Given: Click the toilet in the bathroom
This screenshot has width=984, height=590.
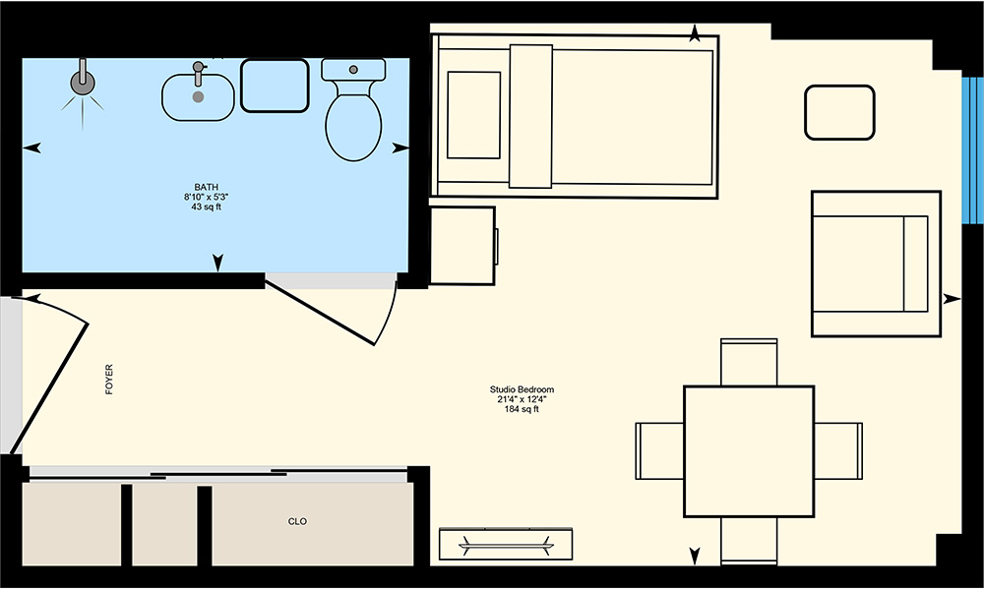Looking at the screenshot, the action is (x=353, y=110).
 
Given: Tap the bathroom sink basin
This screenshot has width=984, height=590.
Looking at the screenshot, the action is (x=199, y=97).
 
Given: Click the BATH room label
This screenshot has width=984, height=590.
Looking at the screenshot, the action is (x=207, y=187).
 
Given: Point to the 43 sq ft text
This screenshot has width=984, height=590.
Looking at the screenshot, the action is (x=207, y=206).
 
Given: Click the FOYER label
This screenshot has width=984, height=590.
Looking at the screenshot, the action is (x=109, y=380).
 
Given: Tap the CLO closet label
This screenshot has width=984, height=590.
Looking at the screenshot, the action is (x=297, y=521).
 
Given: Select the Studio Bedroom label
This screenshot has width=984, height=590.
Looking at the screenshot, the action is (x=523, y=389).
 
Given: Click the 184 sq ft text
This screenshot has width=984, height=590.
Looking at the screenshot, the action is (x=523, y=409).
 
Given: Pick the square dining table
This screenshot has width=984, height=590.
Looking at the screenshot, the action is (x=749, y=451).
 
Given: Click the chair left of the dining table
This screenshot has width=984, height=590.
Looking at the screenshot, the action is (x=659, y=450).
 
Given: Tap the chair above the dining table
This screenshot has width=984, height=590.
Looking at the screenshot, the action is (x=749, y=363).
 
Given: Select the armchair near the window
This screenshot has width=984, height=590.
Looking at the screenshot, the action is (x=876, y=264).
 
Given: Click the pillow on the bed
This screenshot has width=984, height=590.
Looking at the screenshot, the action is (x=474, y=115).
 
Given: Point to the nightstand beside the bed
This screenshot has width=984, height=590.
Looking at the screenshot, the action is (x=463, y=246).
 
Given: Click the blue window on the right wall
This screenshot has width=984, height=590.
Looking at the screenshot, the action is (x=972, y=150).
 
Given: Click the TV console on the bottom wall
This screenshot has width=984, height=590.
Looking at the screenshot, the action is (x=506, y=544).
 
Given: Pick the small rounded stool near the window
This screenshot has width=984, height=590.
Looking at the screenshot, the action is (x=839, y=112).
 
